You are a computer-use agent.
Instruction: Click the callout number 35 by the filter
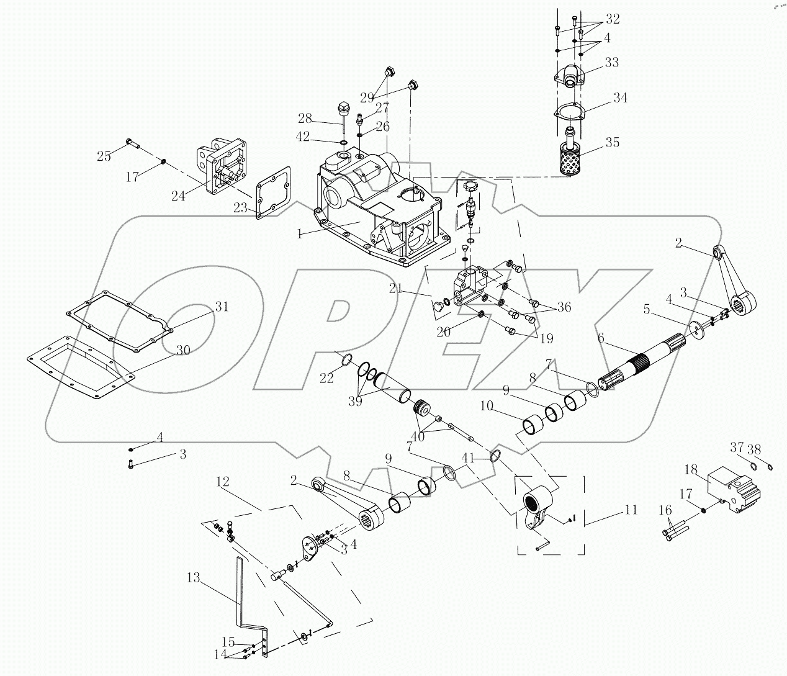coord(612,142)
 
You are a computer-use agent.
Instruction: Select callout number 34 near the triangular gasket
coord(619,97)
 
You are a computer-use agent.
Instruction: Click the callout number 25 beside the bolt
coord(104,156)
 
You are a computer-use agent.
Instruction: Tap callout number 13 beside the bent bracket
coord(193,578)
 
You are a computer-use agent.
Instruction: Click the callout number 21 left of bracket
coord(397,288)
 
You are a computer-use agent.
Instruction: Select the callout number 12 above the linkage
coord(223,481)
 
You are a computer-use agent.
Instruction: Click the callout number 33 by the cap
coord(611,63)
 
